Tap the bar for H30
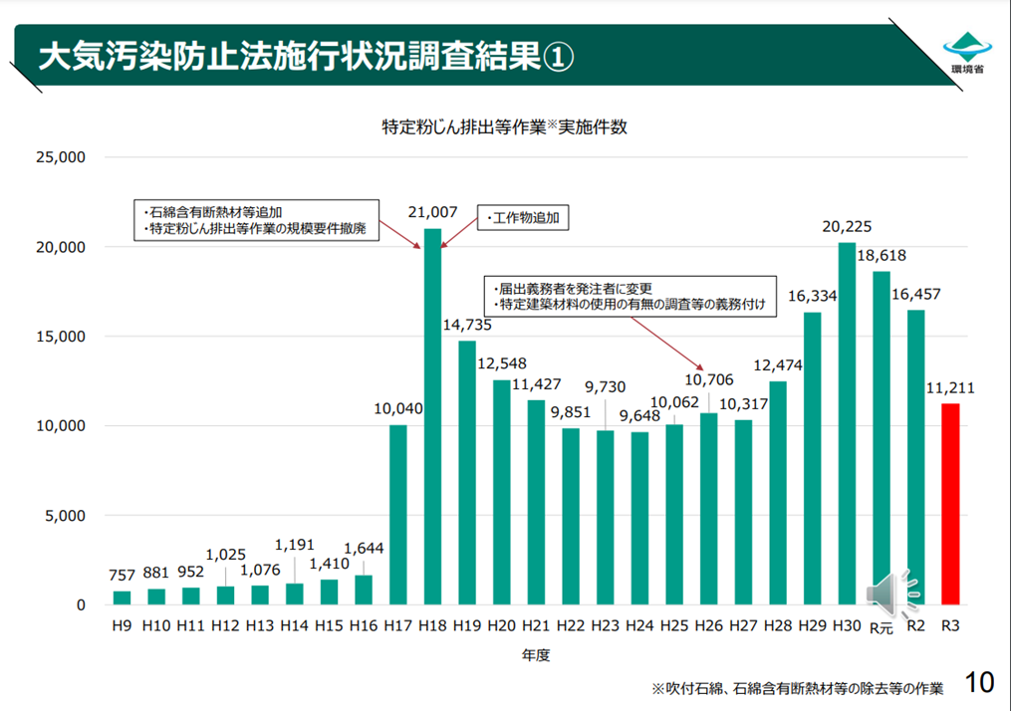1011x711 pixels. (x=847, y=423)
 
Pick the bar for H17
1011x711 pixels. (x=397, y=514)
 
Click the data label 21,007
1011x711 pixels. (x=432, y=212)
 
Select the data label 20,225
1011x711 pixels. (x=847, y=226)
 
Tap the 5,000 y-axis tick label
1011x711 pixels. (x=64, y=516)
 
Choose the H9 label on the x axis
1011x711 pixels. (x=122, y=626)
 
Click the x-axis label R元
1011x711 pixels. (x=882, y=627)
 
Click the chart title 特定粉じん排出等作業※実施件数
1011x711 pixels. (x=504, y=126)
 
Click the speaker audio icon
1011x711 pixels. (x=889, y=592)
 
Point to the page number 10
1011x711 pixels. (x=979, y=683)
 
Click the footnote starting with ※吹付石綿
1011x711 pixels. (x=797, y=688)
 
